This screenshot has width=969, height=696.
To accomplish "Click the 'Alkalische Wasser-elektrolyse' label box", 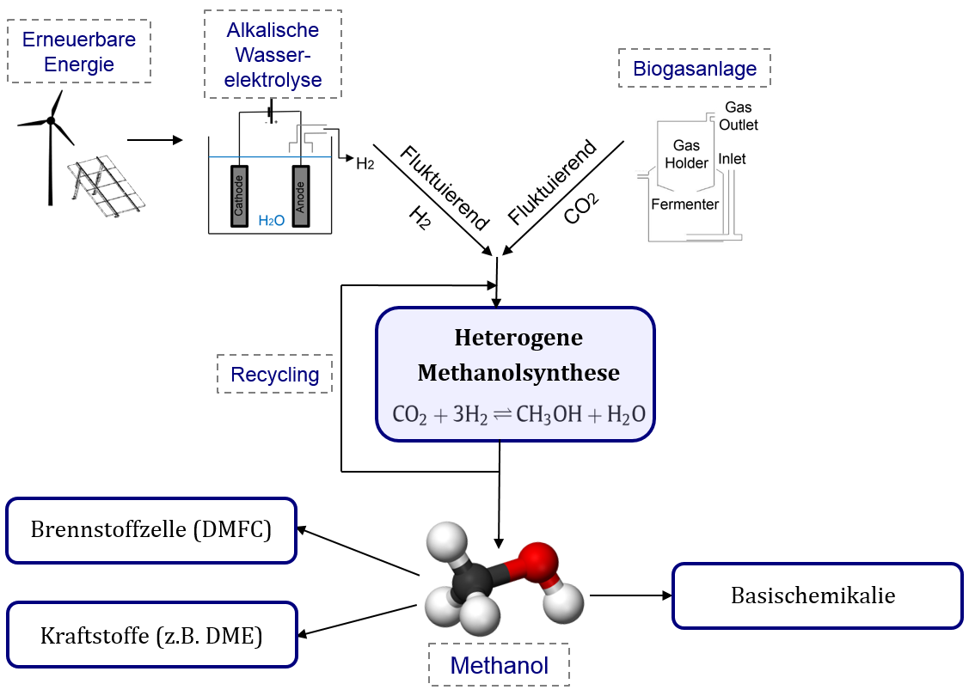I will click(273, 55).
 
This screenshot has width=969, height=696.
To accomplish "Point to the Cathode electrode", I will click(239, 196).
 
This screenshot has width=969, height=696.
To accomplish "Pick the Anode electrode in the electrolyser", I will click(300, 196).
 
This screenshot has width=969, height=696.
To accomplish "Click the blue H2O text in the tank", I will click(271, 221).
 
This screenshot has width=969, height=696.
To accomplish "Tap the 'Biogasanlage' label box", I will click(695, 69).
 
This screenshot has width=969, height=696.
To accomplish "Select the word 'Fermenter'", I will click(684, 205).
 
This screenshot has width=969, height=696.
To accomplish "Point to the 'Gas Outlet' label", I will click(739, 116).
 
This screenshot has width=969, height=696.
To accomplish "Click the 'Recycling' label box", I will click(274, 375).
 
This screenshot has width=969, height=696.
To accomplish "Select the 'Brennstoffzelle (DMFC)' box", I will click(151, 530).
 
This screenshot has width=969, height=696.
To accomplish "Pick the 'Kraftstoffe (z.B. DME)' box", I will click(151, 636).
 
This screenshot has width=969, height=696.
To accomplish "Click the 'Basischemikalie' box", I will click(816, 595).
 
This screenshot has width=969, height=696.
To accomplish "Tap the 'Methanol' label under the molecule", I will click(499, 664).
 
